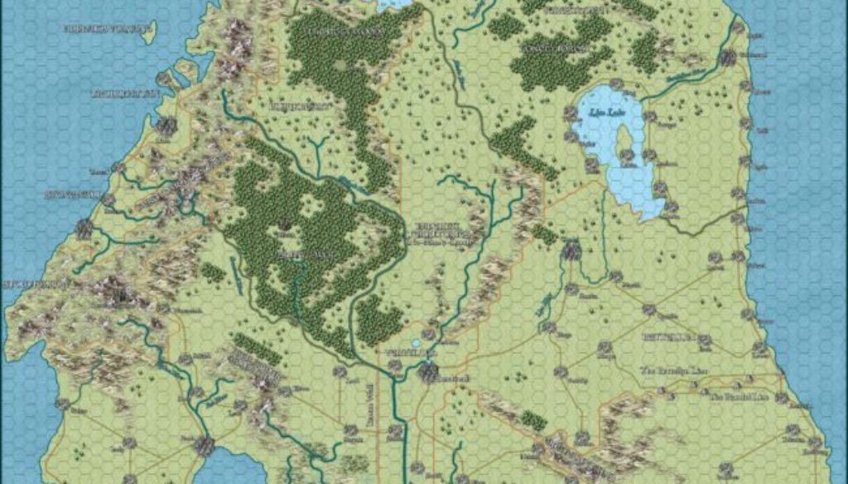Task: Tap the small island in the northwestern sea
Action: pos(149,32)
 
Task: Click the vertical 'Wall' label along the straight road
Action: pos(369,406)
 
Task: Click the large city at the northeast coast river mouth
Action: pos(729,57)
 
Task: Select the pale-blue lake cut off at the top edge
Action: pos(396,3)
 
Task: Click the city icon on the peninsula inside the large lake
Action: pos(627,155)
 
